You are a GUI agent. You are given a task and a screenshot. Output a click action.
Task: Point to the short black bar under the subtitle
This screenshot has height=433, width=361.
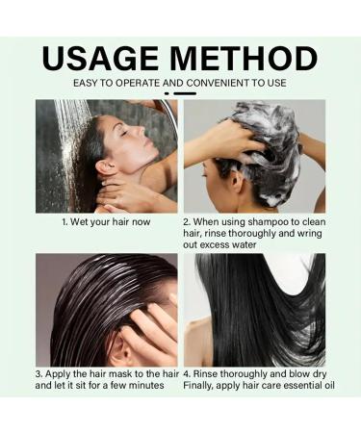[x=180, y=94]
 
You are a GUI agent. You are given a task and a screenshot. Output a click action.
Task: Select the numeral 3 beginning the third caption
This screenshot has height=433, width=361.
[x=38, y=371]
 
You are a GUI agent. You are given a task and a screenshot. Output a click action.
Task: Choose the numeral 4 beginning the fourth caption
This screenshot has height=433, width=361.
[x=187, y=371]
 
